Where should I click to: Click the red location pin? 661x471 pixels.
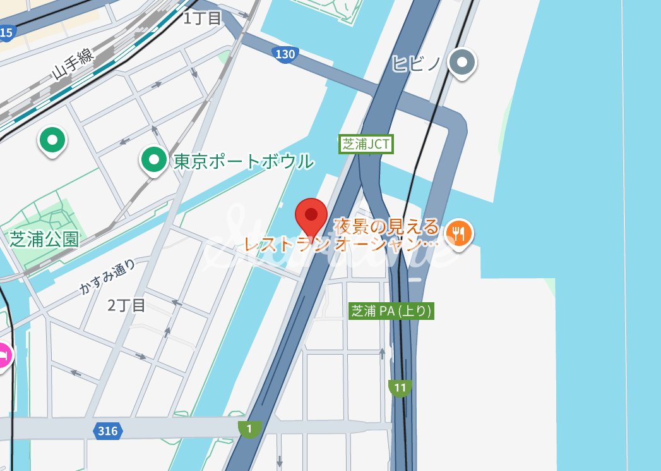click(x=311, y=216)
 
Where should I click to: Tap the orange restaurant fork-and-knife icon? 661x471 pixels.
click(x=459, y=233)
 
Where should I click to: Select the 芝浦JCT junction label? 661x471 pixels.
click(x=366, y=144)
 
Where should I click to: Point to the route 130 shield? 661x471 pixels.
click(x=285, y=54)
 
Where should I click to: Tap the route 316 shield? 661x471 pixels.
click(x=108, y=431)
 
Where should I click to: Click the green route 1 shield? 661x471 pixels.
click(x=250, y=429)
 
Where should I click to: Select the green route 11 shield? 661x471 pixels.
click(x=400, y=388)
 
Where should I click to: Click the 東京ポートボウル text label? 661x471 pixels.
click(x=243, y=161)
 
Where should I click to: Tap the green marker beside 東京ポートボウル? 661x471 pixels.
click(x=153, y=159)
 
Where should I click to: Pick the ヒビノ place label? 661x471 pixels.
click(x=415, y=63)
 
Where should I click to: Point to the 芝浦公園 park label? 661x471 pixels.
click(x=44, y=238)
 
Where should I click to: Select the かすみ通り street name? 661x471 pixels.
click(x=107, y=278)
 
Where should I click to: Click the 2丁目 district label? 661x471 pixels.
click(x=126, y=306)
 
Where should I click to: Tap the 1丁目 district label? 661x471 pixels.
click(x=202, y=18)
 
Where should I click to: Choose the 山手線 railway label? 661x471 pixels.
click(x=73, y=63)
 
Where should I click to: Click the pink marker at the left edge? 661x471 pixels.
click(x=4, y=356)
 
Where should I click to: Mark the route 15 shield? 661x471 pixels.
click(x=6, y=33)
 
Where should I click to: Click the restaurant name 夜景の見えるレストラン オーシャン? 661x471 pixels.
click(x=341, y=234)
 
